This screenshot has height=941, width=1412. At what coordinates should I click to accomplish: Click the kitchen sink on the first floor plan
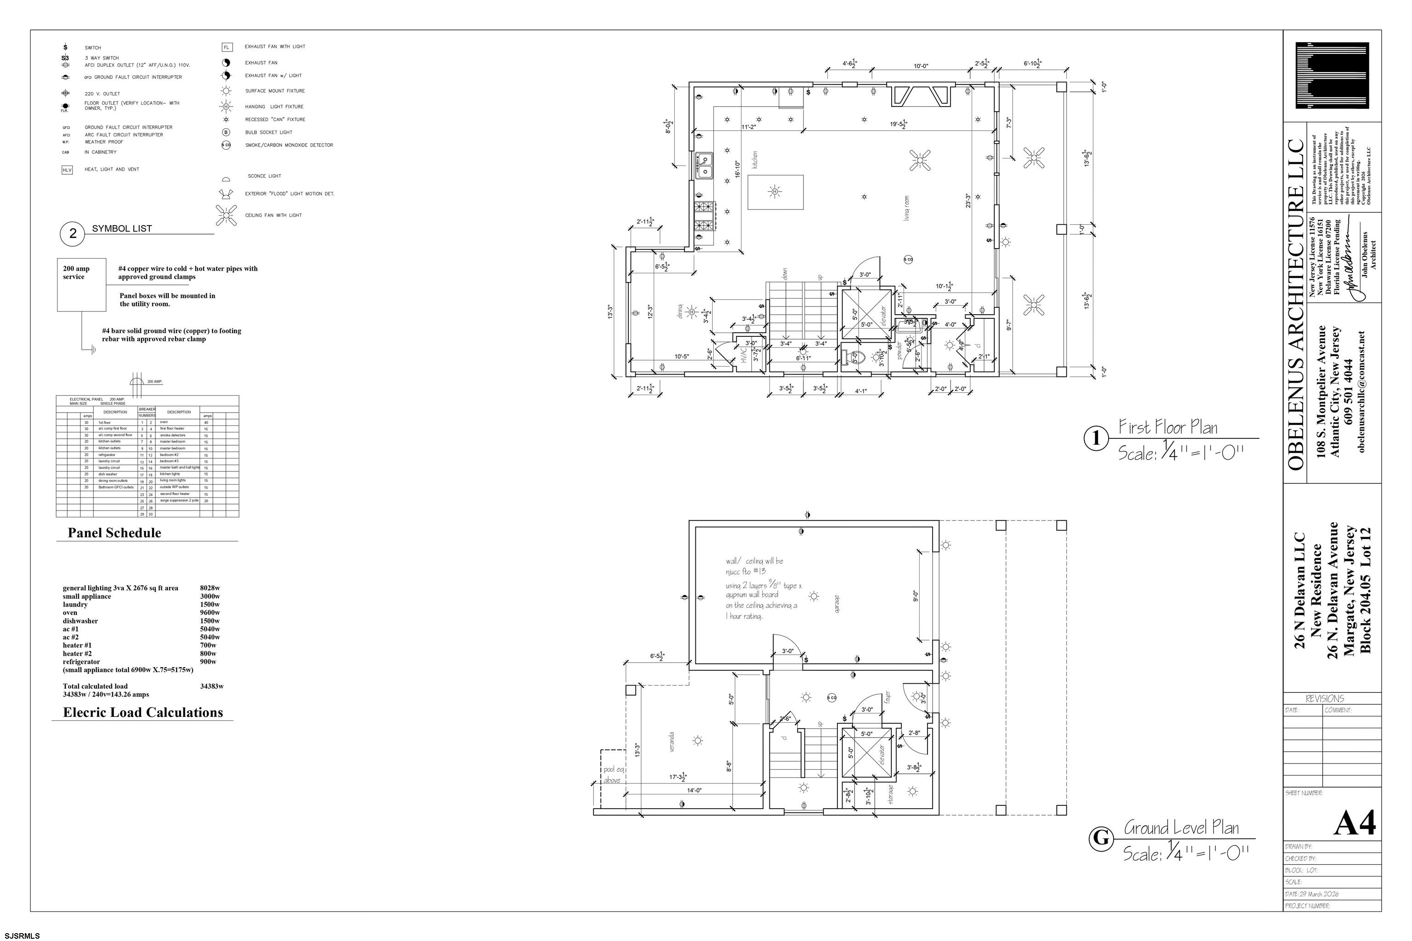[x=704, y=165]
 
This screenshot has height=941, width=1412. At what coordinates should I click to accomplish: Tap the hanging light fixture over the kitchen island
[x=774, y=192]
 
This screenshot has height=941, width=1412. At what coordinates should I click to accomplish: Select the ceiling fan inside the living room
[x=920, y=160]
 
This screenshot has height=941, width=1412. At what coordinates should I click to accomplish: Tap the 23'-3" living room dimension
[x=968, y=200]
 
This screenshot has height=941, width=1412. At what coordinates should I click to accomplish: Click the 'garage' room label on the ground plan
[x=837, y=604]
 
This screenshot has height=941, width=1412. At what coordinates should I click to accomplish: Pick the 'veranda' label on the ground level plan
[x=672, y=743]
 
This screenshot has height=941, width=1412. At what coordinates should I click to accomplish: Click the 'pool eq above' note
[x=613, y=775]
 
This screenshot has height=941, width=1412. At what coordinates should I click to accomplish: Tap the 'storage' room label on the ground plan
[x=890, y=794]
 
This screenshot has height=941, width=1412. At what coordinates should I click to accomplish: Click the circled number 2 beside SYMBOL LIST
[x=73, y=233]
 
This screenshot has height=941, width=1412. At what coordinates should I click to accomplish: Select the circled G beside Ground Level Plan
[x=1100, y=838]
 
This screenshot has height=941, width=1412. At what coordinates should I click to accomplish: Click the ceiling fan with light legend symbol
[x=226, y=215]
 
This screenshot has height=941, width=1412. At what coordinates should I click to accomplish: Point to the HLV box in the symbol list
[x=67, y=170]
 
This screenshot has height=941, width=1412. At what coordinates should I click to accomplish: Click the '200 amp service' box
[x=82, y=284]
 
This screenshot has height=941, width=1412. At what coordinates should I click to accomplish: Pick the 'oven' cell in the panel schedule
[x=164, y=422]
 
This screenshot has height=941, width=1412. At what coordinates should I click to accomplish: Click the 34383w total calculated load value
[x=211, y=686]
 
